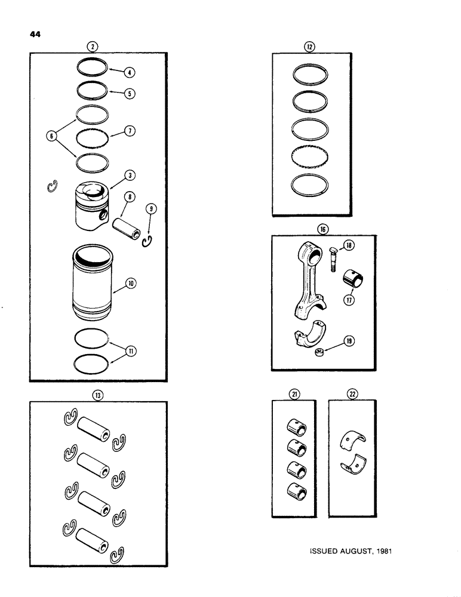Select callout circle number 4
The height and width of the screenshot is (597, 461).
pos(130,73)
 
